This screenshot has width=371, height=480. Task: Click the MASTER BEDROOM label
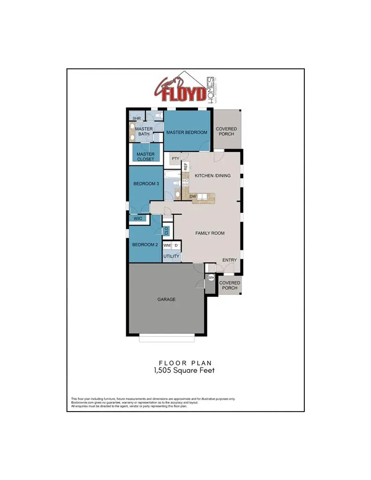(x=187, y=133)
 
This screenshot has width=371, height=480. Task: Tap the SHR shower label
(x=137, y=118)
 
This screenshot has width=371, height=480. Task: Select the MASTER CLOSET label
(x=145, y=157)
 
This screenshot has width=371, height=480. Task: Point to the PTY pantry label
(x=175, y=159)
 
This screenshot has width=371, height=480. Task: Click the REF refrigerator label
(x=186, y=166)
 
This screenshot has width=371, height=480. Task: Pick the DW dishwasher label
(x=192, y=196)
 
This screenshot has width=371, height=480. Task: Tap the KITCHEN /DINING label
(x=212, y=176)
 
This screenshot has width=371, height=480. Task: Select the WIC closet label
(x=138, y=218)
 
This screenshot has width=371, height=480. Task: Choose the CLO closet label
(x=166, y=231)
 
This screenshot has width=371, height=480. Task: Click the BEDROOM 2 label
(x=145, y=245)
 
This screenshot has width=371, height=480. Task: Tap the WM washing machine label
(x=167, y=245)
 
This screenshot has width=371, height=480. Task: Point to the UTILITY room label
(x=171, y=256)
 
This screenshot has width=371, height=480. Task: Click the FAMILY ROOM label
(x=210, y=233)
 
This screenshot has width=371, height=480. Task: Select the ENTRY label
(x=229, y=260)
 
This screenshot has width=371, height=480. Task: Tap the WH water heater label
(x=211, y=278)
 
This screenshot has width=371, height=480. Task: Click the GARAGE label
(x=166, y=299)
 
